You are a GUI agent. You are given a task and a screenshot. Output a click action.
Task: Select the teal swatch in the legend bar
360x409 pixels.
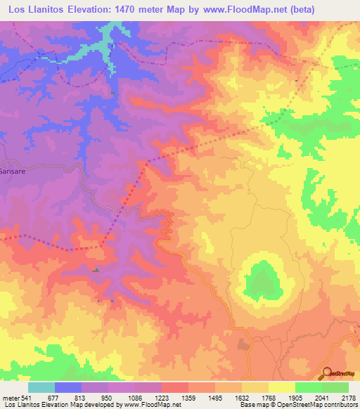click(x=41, y=387)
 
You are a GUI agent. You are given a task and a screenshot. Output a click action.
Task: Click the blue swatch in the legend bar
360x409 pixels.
click(x=68, y=387)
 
